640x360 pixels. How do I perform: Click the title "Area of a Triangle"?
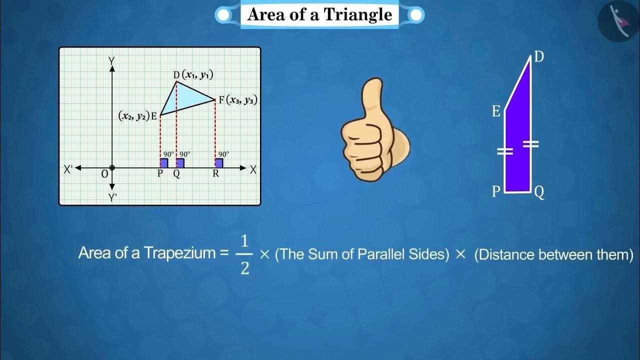[x=319, y=14]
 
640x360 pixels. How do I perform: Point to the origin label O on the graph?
[x=104, y=174]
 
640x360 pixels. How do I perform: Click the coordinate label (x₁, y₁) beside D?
[x=197, y=75]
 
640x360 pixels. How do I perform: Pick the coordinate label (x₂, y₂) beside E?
[x=133, y=116]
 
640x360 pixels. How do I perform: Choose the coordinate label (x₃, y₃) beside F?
[x=241, y=100]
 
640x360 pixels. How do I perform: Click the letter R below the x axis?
[x=215, y=174]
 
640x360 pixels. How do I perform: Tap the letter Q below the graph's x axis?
[x=176, y=174]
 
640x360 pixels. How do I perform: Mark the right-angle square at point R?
[x=219, y=163]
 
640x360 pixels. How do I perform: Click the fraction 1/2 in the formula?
[x=244, y=255]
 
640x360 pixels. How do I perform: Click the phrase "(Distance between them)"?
[x=553, y=254]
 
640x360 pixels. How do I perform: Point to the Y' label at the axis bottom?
[x=113, y=197]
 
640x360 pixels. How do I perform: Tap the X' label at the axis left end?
[x=68, y=169]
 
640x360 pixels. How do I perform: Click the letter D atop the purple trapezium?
[x=539, y=57]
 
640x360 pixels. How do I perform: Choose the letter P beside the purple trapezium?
[x=496, y=192]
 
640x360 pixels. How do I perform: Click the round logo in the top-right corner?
[x=618, y=21]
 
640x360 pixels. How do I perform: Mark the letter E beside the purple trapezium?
[x=496, y=111]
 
